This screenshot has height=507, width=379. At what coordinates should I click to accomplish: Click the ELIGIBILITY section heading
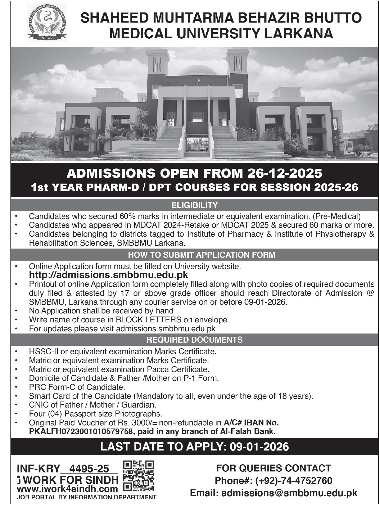tap(194, 205)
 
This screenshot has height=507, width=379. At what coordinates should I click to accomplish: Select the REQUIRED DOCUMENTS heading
tap(194, 340)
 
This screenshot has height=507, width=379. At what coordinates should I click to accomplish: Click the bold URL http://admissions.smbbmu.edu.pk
tap(108, 275)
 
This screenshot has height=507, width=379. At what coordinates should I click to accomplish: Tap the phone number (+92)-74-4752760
tap(294, 481)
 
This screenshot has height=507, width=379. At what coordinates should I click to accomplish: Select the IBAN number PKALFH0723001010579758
tap(81, 432)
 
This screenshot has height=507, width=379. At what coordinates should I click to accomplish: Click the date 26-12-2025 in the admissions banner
tap(284, 173)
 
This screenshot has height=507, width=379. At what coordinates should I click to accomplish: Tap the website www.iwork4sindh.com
tap(67, 489)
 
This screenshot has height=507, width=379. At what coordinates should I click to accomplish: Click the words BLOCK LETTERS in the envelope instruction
tap(148, 320)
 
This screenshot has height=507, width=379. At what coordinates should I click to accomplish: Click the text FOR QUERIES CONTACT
tap(273, 468)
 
